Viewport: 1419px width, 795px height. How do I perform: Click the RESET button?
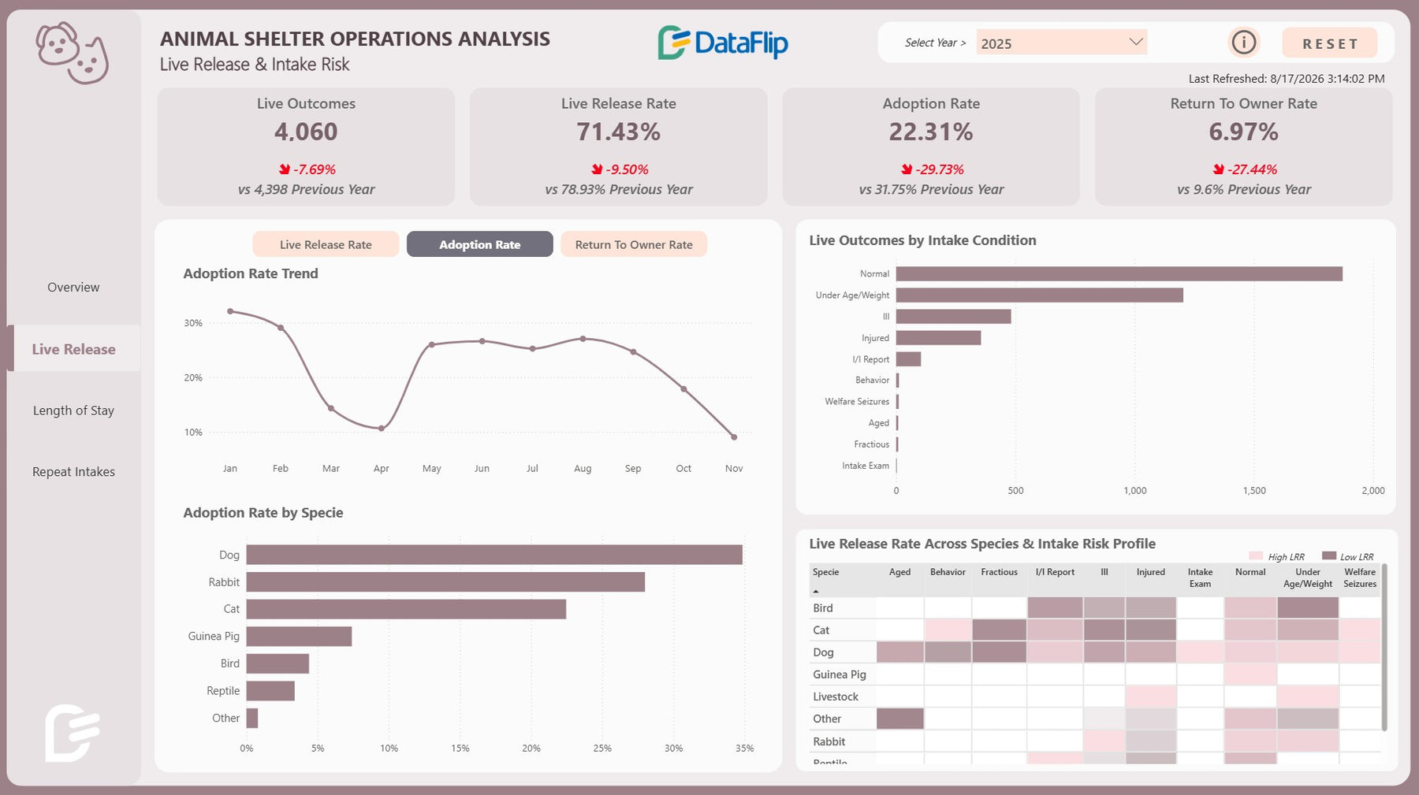[1330, 43]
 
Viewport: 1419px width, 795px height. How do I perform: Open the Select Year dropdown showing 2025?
[1061, 43]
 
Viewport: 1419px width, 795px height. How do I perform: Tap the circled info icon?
[1244, 43]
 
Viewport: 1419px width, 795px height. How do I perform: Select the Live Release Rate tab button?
[326, 244]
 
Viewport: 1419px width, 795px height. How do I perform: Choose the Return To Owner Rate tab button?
[634, 244]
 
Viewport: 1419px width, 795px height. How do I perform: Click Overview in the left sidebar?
[73, 288]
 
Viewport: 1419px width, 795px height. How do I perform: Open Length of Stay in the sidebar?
[73, 411]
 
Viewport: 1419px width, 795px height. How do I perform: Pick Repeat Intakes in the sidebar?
[73, 472]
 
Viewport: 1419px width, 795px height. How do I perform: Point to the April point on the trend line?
[382, 429]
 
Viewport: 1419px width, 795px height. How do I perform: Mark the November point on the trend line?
[734, 437]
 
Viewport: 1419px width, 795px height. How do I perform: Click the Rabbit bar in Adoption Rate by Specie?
[445, 582]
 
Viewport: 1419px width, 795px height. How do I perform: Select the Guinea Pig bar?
[299, 637]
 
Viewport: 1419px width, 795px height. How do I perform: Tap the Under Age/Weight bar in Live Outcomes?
[1039, 295]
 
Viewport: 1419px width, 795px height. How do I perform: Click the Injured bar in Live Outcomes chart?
[938, 338]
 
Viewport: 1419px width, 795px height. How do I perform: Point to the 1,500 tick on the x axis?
[1254, 491]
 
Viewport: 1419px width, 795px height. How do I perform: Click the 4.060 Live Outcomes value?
[306, 132]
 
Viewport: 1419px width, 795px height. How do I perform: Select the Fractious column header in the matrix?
[999, 572]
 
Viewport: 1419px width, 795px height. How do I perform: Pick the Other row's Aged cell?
[899, 719]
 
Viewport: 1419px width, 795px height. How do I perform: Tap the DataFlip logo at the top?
[723, 43]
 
